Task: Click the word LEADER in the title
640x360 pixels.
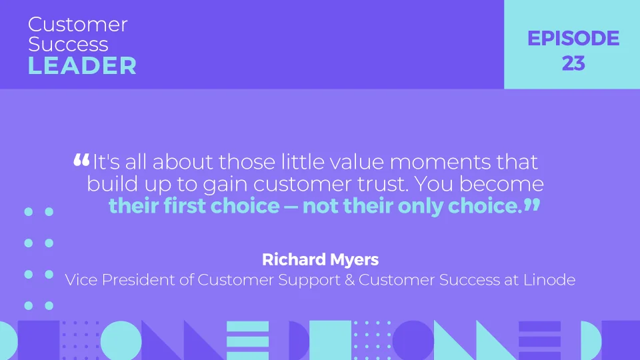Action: pos(83,65)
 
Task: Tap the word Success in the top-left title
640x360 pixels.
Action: pos(68,45)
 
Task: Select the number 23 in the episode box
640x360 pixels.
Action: pos(573,63)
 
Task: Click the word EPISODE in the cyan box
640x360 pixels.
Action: pos(573,39)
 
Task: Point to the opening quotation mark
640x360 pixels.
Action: pos(81,160)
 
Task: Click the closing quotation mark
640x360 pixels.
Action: pos(531,205)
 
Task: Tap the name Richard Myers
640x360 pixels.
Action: pos(320,259)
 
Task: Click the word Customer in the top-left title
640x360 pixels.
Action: pos(78,25)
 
